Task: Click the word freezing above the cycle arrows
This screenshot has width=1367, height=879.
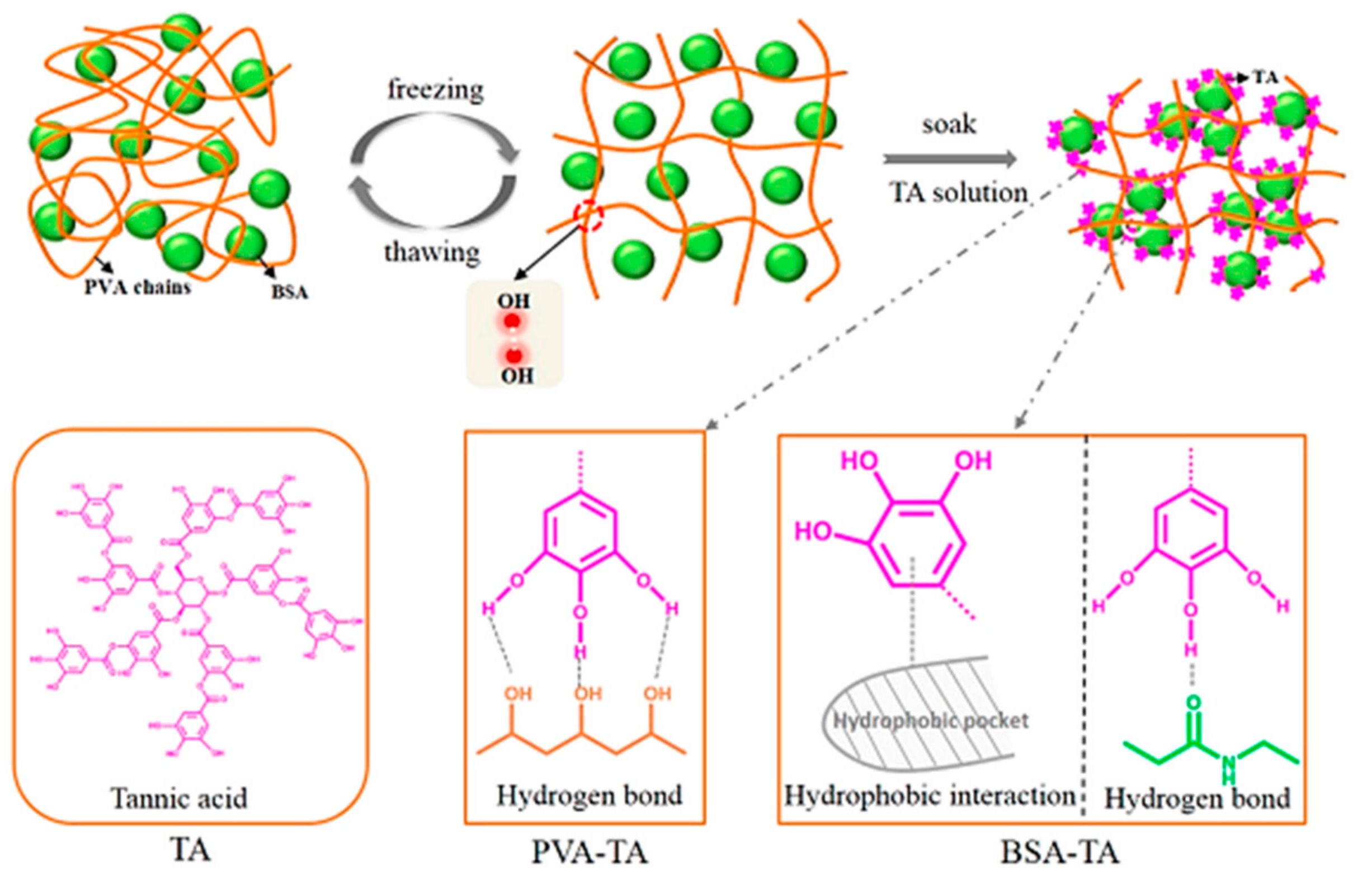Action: point(436,90)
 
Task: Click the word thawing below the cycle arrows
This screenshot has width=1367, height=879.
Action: point(432,252)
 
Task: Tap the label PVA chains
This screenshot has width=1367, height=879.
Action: point(138,286)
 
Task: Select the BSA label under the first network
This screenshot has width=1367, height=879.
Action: point(289,292)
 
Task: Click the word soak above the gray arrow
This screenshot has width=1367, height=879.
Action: point(949,125)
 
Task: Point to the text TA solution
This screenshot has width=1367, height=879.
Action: point(958,193)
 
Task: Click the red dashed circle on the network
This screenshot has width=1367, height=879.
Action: point(588,216)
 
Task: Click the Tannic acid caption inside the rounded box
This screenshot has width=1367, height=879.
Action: point(178,798)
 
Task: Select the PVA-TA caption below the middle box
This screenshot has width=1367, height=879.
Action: point(590,852)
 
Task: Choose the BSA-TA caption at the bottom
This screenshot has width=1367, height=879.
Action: point(1060,852)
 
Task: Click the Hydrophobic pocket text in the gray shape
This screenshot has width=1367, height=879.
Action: point(931,721)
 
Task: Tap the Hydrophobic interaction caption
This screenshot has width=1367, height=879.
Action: point(930,795)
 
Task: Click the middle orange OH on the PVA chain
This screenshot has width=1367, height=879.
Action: point(588,693)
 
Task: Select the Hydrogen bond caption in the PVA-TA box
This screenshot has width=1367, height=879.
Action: point(589,795)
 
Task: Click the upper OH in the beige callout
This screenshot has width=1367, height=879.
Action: point(513,301)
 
